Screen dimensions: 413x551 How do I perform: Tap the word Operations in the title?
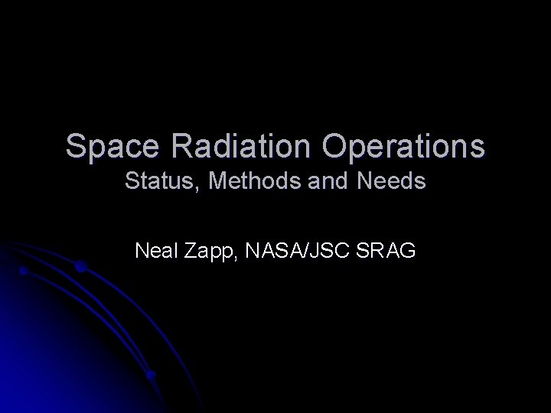click(x=403, y=146)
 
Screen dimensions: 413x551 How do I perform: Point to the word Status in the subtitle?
click(x=150, y=183)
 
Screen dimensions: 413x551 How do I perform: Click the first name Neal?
click(x=156, y=250)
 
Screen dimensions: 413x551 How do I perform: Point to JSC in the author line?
click(x=328, y=250)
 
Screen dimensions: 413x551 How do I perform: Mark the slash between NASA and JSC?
click(x=304, y=250)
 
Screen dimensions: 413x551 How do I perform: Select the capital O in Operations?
click(x=335, y=146)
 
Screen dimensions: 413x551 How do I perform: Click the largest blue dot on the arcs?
click(x=80, y=267)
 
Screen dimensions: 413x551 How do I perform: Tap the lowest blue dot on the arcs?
click(x=152, y=376)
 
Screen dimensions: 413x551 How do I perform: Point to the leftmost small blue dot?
click(x=24, y=271)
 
